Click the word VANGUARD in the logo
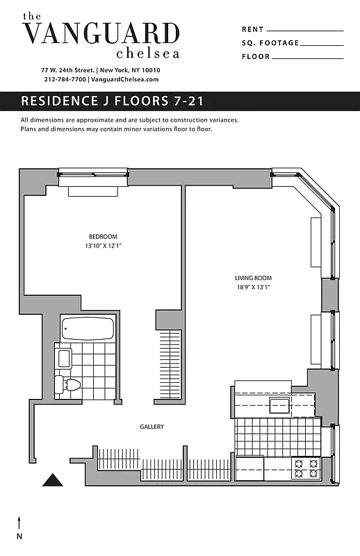[x=101, y=33]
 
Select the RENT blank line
[x=305, y=30]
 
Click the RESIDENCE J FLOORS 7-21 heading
[x=112, y=101]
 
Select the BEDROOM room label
[x=103, y=236]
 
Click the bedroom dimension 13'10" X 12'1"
[x=103, y=246]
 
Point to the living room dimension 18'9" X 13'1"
[x=252, y=288]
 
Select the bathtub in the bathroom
[x=88, y=329]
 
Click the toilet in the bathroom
[x=69, y=384]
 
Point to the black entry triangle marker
[x=52, y=480]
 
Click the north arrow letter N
[x=19, y=536]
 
